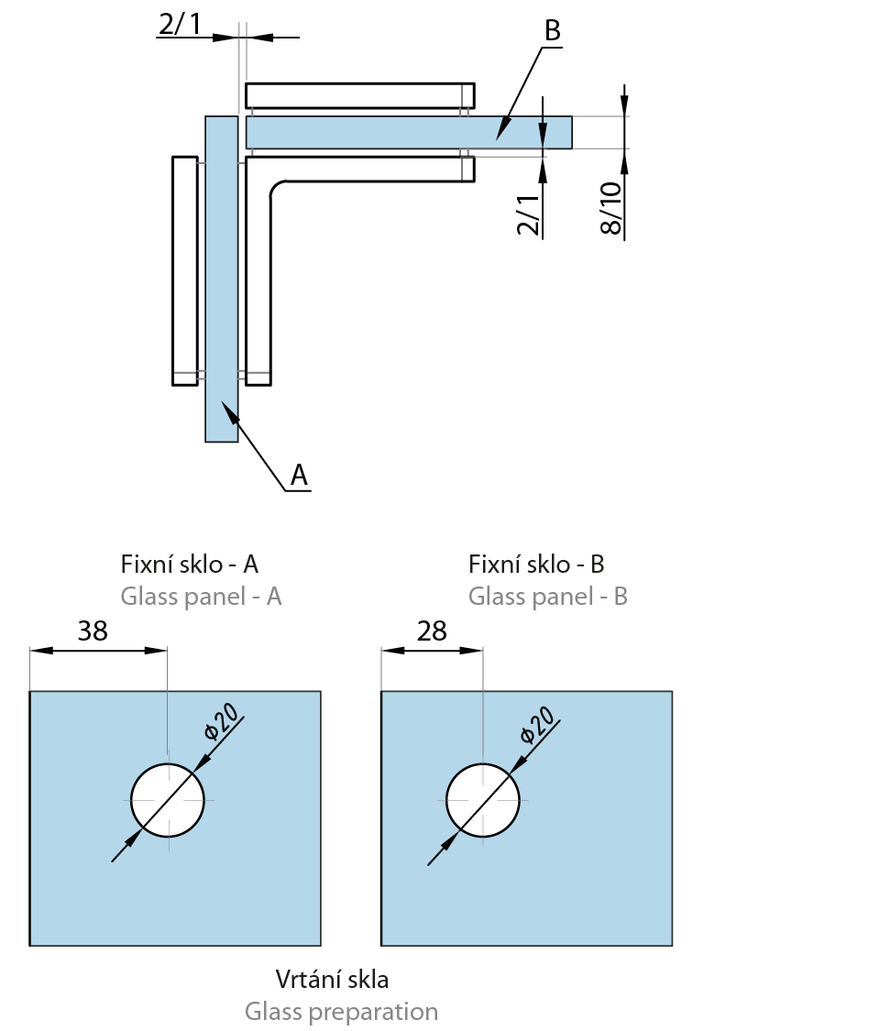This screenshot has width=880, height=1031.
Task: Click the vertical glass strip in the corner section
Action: (222, 275)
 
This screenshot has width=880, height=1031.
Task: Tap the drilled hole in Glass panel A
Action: (168, 800)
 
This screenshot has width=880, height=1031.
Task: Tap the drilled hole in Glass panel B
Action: (483, 800)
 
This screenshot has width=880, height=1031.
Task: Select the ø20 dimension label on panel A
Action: (223, 721)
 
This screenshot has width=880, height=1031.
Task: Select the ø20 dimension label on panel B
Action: (538, 724)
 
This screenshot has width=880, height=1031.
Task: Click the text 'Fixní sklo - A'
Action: (196, 564)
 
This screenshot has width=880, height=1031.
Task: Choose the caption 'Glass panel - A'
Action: (201, 597)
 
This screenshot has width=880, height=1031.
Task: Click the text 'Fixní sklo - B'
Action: (536, 564)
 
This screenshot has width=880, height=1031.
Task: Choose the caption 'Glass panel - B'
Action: (547, 597)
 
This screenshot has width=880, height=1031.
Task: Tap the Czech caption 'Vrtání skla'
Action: (332, 979)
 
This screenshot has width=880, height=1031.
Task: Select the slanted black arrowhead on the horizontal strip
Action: (503, 128)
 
